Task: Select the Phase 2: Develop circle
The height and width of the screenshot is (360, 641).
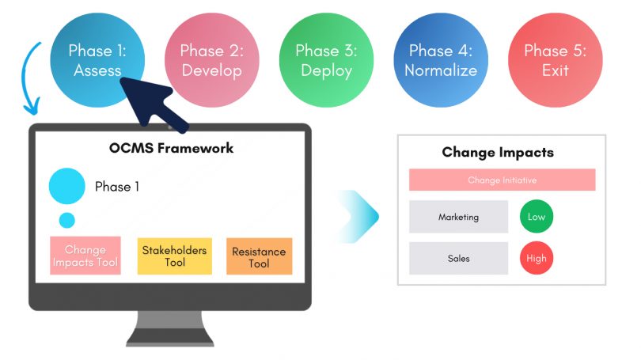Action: [x=211, y=60]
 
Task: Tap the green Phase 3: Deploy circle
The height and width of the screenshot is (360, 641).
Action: [x=326, y=60]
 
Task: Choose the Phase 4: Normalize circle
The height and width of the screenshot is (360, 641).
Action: [x=440, y=60]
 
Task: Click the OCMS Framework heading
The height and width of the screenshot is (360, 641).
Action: [x=171, y=148]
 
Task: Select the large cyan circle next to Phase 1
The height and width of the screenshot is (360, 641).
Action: [x=66, y=187]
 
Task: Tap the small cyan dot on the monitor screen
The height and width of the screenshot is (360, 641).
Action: [x=67, y=221]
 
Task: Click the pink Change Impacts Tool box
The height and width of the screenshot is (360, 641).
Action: [x=85, y=256]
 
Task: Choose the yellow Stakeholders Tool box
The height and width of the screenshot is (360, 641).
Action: [x=174, y=256]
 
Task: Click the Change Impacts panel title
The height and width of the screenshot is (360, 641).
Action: [x=498, y=153]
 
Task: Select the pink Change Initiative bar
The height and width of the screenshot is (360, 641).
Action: [x=502, y=180]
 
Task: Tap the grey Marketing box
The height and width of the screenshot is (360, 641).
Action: [x=458, y=217]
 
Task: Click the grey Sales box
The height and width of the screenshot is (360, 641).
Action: [x=458, y=258]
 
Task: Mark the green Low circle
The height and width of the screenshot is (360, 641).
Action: [x=537, y=217]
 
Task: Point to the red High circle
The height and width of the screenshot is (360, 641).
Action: [x=537, y=258]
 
